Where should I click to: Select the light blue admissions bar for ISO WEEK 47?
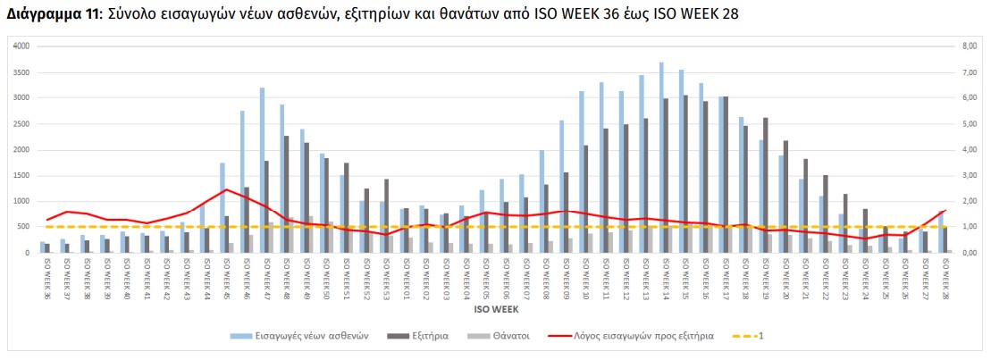tap(262, 170)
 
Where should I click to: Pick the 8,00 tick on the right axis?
tap(968, 46)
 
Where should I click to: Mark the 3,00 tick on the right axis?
tap(968, 175)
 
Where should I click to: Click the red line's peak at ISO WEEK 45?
tap(227, 189)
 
